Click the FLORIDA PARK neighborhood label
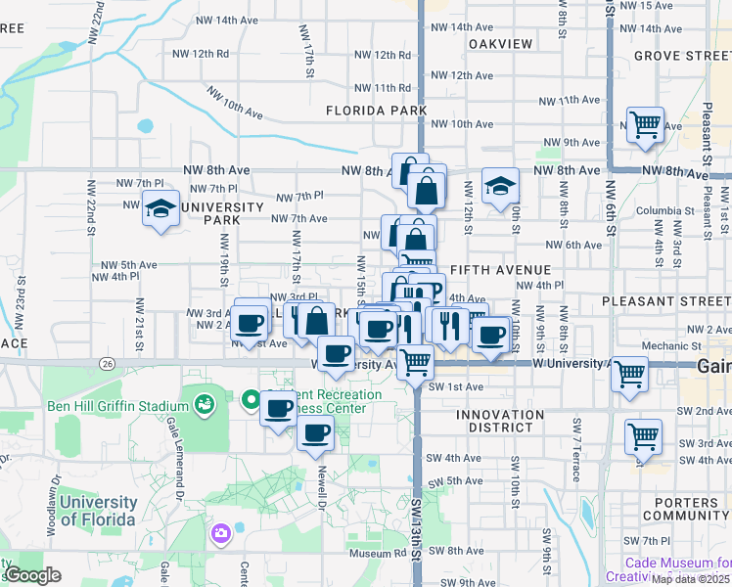(376, 111)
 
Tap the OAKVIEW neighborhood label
(500, 44)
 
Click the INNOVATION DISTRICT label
(500, 421)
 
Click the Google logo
(32, 575)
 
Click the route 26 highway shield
(107, 364)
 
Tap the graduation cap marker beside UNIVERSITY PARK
(160, 207)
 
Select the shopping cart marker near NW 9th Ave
(646, 125)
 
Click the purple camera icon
(220, 534)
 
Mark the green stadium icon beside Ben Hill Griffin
(204, 402)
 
